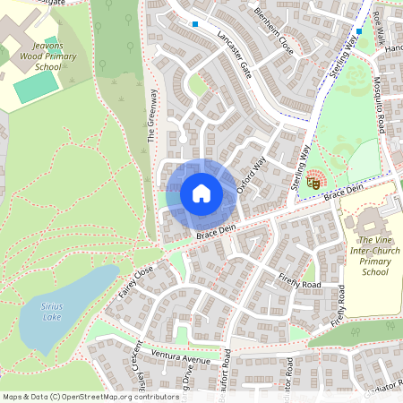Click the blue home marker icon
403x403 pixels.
point(201,193)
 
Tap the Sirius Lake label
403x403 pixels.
point(51,310)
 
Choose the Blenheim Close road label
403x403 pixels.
point(272,35)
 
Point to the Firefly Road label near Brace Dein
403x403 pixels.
point(298,282)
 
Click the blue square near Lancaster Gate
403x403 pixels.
point(195,24)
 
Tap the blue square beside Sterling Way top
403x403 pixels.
point(358,31)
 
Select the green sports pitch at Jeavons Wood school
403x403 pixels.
point(37,86)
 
